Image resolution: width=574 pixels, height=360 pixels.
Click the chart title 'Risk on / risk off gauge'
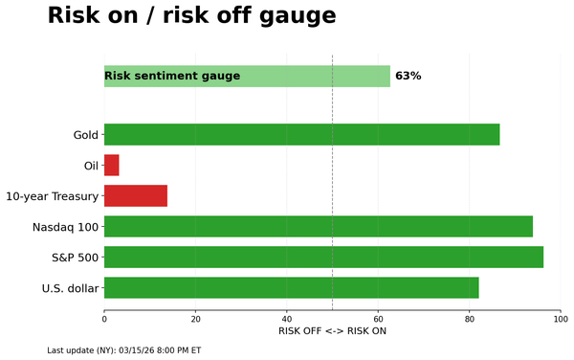(x=191, y=16)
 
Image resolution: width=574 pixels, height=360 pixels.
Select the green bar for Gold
(x=301, y=134)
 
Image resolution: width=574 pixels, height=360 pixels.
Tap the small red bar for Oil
(x=111, y=165)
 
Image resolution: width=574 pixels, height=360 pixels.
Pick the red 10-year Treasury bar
(x=135, y=195)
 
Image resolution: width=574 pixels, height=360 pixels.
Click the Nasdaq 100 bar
(x=318, y=226)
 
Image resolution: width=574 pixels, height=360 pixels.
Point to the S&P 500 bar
(x=323, y=257)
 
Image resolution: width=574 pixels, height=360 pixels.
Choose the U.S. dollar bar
(x=291, y=287)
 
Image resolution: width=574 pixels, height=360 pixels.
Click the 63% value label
(x=408, y=76)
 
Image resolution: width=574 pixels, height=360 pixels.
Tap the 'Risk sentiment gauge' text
(x=172, y=76)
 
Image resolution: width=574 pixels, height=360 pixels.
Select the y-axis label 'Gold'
(x=86, y=135)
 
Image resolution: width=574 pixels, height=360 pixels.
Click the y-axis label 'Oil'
(x=91, y=166)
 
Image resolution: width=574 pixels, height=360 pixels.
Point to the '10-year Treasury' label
(x=52, y=196)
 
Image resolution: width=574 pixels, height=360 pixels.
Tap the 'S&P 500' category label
(x=74, y=258)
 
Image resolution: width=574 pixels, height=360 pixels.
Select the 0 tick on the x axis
(x=104, y=318)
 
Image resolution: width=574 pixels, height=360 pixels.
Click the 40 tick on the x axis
(x=287, y=318)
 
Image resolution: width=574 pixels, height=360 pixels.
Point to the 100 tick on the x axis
(x=561, y=318)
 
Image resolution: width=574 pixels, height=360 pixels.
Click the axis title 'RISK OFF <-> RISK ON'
(x=332, y=331)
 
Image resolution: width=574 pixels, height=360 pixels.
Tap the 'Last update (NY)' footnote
(x=123, y=350)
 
